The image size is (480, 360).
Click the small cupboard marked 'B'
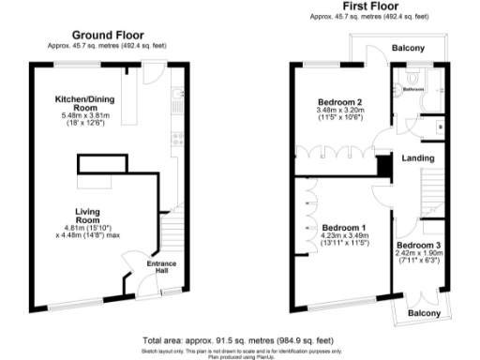pyautogui.click(x=440, y=125)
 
